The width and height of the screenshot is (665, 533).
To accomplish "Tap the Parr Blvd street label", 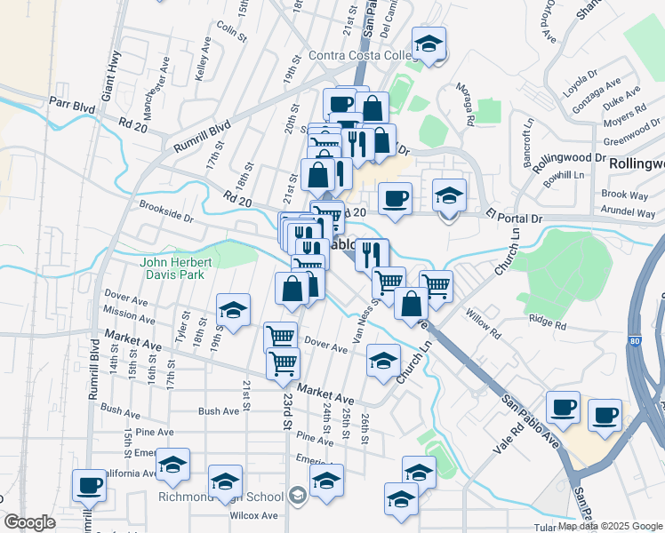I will (72, 104).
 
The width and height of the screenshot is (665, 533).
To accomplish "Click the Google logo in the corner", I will (30, 522).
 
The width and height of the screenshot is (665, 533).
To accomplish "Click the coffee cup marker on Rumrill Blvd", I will (88, 484).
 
